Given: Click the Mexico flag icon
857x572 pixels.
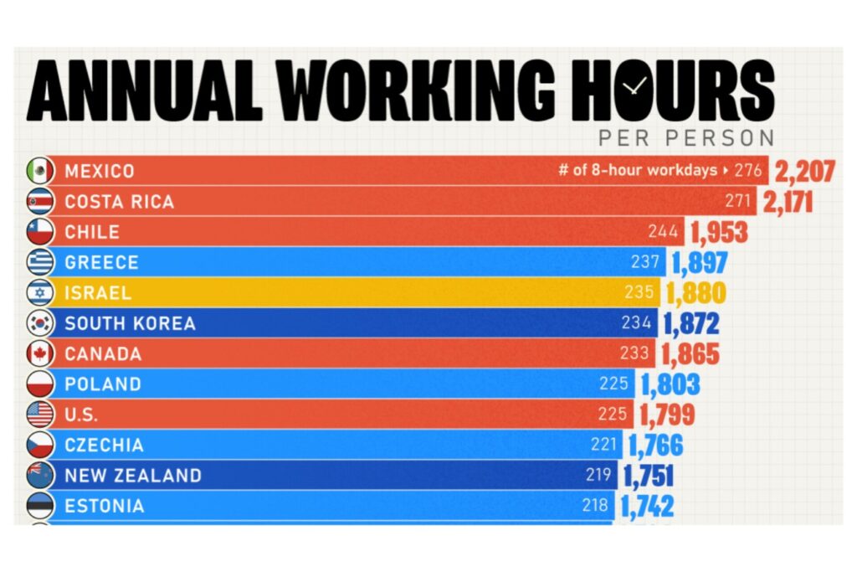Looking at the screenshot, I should point(40,171).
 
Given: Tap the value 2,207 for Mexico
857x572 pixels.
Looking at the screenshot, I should point(804,172).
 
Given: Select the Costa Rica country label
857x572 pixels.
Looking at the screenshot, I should point(120,202).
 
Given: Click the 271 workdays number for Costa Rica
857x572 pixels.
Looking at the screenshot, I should point(738,202).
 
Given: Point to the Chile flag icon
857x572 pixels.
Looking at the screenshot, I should point(40,232).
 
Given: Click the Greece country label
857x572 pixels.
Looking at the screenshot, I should point(101,263).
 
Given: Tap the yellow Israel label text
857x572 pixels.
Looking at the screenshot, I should point(96,293).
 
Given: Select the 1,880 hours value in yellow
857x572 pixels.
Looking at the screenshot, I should point(695,294).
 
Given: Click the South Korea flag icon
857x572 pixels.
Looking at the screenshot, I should point(40,323).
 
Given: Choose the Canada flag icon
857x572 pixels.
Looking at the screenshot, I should point(40,353).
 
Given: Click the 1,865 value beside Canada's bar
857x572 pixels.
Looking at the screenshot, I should point(690,354).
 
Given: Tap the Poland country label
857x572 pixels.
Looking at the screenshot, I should point(103,384).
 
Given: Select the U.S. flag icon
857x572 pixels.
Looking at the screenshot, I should point(40,415).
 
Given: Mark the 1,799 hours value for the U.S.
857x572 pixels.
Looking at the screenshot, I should point(667,415).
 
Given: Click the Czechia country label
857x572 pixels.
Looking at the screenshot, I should point(104,446).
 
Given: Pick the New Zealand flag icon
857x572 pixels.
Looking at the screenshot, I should point(40,476).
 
